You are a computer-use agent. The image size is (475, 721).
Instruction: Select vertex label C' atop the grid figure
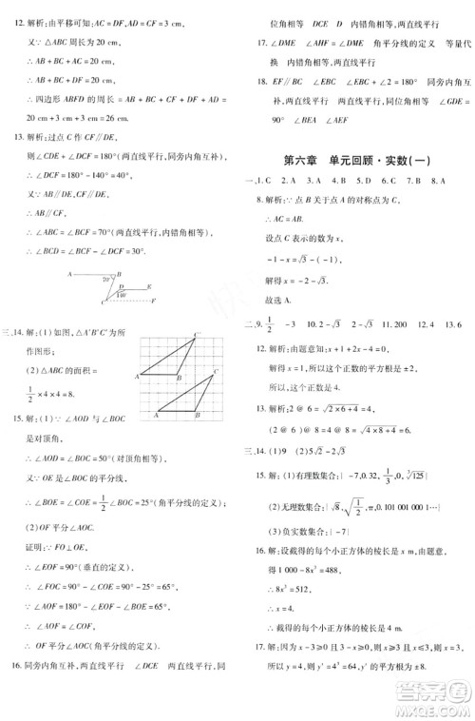coord(197,334)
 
